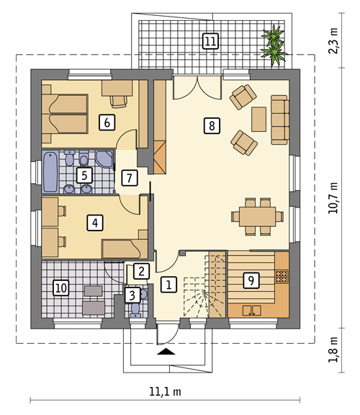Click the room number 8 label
pyautogui.click(x=212, y=125)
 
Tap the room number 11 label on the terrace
pyautogui.click(x=210, y=41)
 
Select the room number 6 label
pyautogui.click(x=107, y=122)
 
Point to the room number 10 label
pyautogui.click(x=61, y=287)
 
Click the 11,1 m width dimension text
pyautogui.click(x=165, y=392)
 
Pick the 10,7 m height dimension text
pyautogui.click(x=333, y=198)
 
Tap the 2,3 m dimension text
pyautogui.click(x=333, y=41)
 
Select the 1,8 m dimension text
pyautogui.click(x=333, y=350)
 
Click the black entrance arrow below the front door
pyautogui.click(x=166, y=351)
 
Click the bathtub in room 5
pyautogui.click(x=50, y=171)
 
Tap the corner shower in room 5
pyautogui.click(x=104, y=159)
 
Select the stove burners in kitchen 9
pyautogui.click(x=282, y=277)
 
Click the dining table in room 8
pyautogui.click(x=257, y=216)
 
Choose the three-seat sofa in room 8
pyautogui.click(x=280, y=120)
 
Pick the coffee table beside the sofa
pyautogui.click(x=258, y=119)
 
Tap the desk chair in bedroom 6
pyautogui.click(x=119, y=102)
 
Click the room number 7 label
pyautogui.click(x=130, y=178)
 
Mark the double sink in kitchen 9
pyautogui.click(x=252, y=311)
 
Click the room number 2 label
pyautogui.click(x=142, y=271)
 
